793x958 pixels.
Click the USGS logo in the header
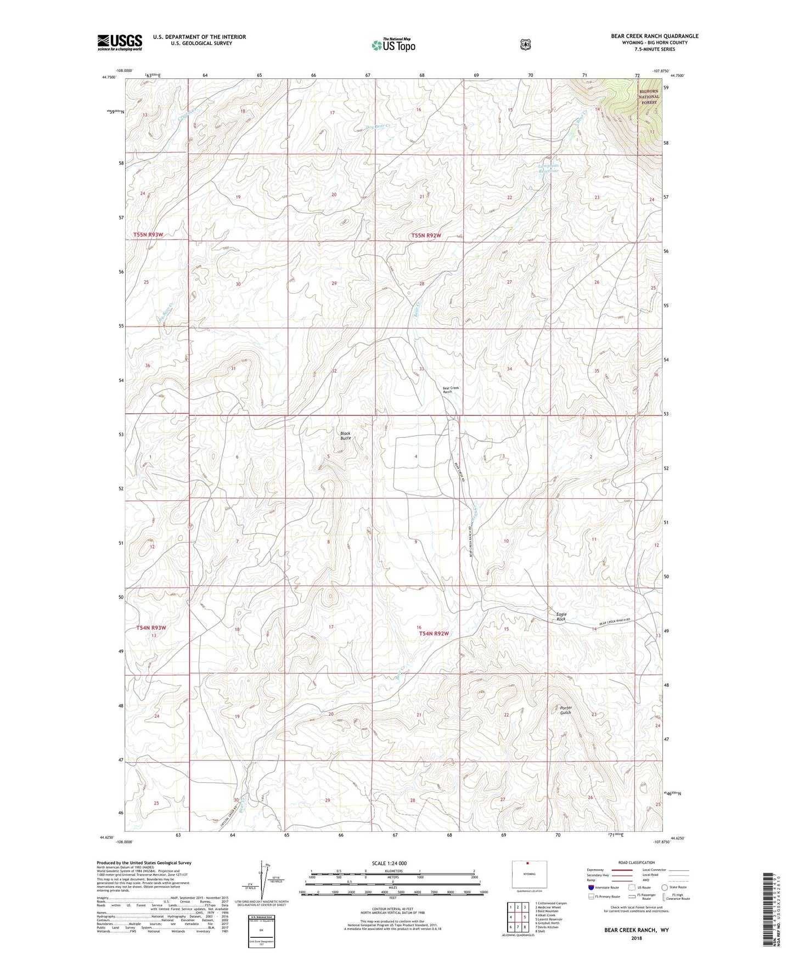click(120, 42)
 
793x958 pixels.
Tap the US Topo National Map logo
click(393, 45)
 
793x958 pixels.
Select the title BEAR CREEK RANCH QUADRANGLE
click(655, 36)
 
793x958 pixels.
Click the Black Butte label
click(345, 436)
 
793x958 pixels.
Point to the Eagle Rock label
click(561, 617)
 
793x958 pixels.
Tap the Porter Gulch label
click(566, 710)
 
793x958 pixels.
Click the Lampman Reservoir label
click(548, 168)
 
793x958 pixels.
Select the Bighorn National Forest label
click(649, 97)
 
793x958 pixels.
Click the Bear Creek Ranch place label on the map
click(451, 390)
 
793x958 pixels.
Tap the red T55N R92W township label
click(426, 235)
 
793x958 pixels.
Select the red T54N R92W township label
click(434, 634)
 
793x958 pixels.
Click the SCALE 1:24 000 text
click(392, 863)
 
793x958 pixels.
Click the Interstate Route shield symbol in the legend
click(590, 887)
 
